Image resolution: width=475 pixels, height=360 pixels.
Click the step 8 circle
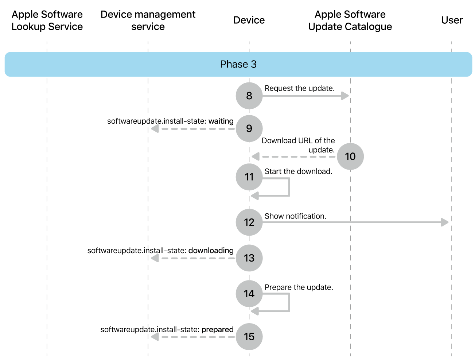click(x=249, y=96)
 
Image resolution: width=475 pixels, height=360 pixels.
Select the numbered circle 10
click(x=350, y=156)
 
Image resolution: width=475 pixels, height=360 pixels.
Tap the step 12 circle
click(x=249, y=222)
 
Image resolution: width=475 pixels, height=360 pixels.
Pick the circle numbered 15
click(x=249, y=336)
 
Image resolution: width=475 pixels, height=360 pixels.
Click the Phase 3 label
click(x=238, y=64)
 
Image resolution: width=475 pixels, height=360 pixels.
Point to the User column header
click(x=452, y=20)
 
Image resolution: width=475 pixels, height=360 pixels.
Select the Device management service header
click(x=148, y=20)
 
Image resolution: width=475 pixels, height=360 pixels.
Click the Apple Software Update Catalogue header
click(x=350, y=20)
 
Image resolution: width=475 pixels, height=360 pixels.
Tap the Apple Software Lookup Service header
click(x=47, y=20)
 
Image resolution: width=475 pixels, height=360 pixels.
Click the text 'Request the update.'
click(x=299, y=88)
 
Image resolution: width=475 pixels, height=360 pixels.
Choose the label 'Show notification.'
click(x=295, y=216)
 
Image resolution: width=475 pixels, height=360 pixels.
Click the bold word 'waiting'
click(x=221, y=121)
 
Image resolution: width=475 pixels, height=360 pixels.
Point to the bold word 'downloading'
click(x=211, y=251)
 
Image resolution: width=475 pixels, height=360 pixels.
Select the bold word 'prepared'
click(x=217, y=329)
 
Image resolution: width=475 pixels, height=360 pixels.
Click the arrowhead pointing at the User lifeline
click(x=445, y=222)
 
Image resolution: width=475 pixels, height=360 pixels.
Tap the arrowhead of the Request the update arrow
click(x=345, y=96)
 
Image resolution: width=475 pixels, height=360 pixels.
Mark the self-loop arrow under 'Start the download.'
click(x=289, y=187)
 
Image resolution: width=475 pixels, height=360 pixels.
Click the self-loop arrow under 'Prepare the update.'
click(x=289, y=303)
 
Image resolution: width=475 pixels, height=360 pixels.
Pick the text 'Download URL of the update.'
click(x=298, y=145)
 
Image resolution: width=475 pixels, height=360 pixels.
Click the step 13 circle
click(x=249, y=258)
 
